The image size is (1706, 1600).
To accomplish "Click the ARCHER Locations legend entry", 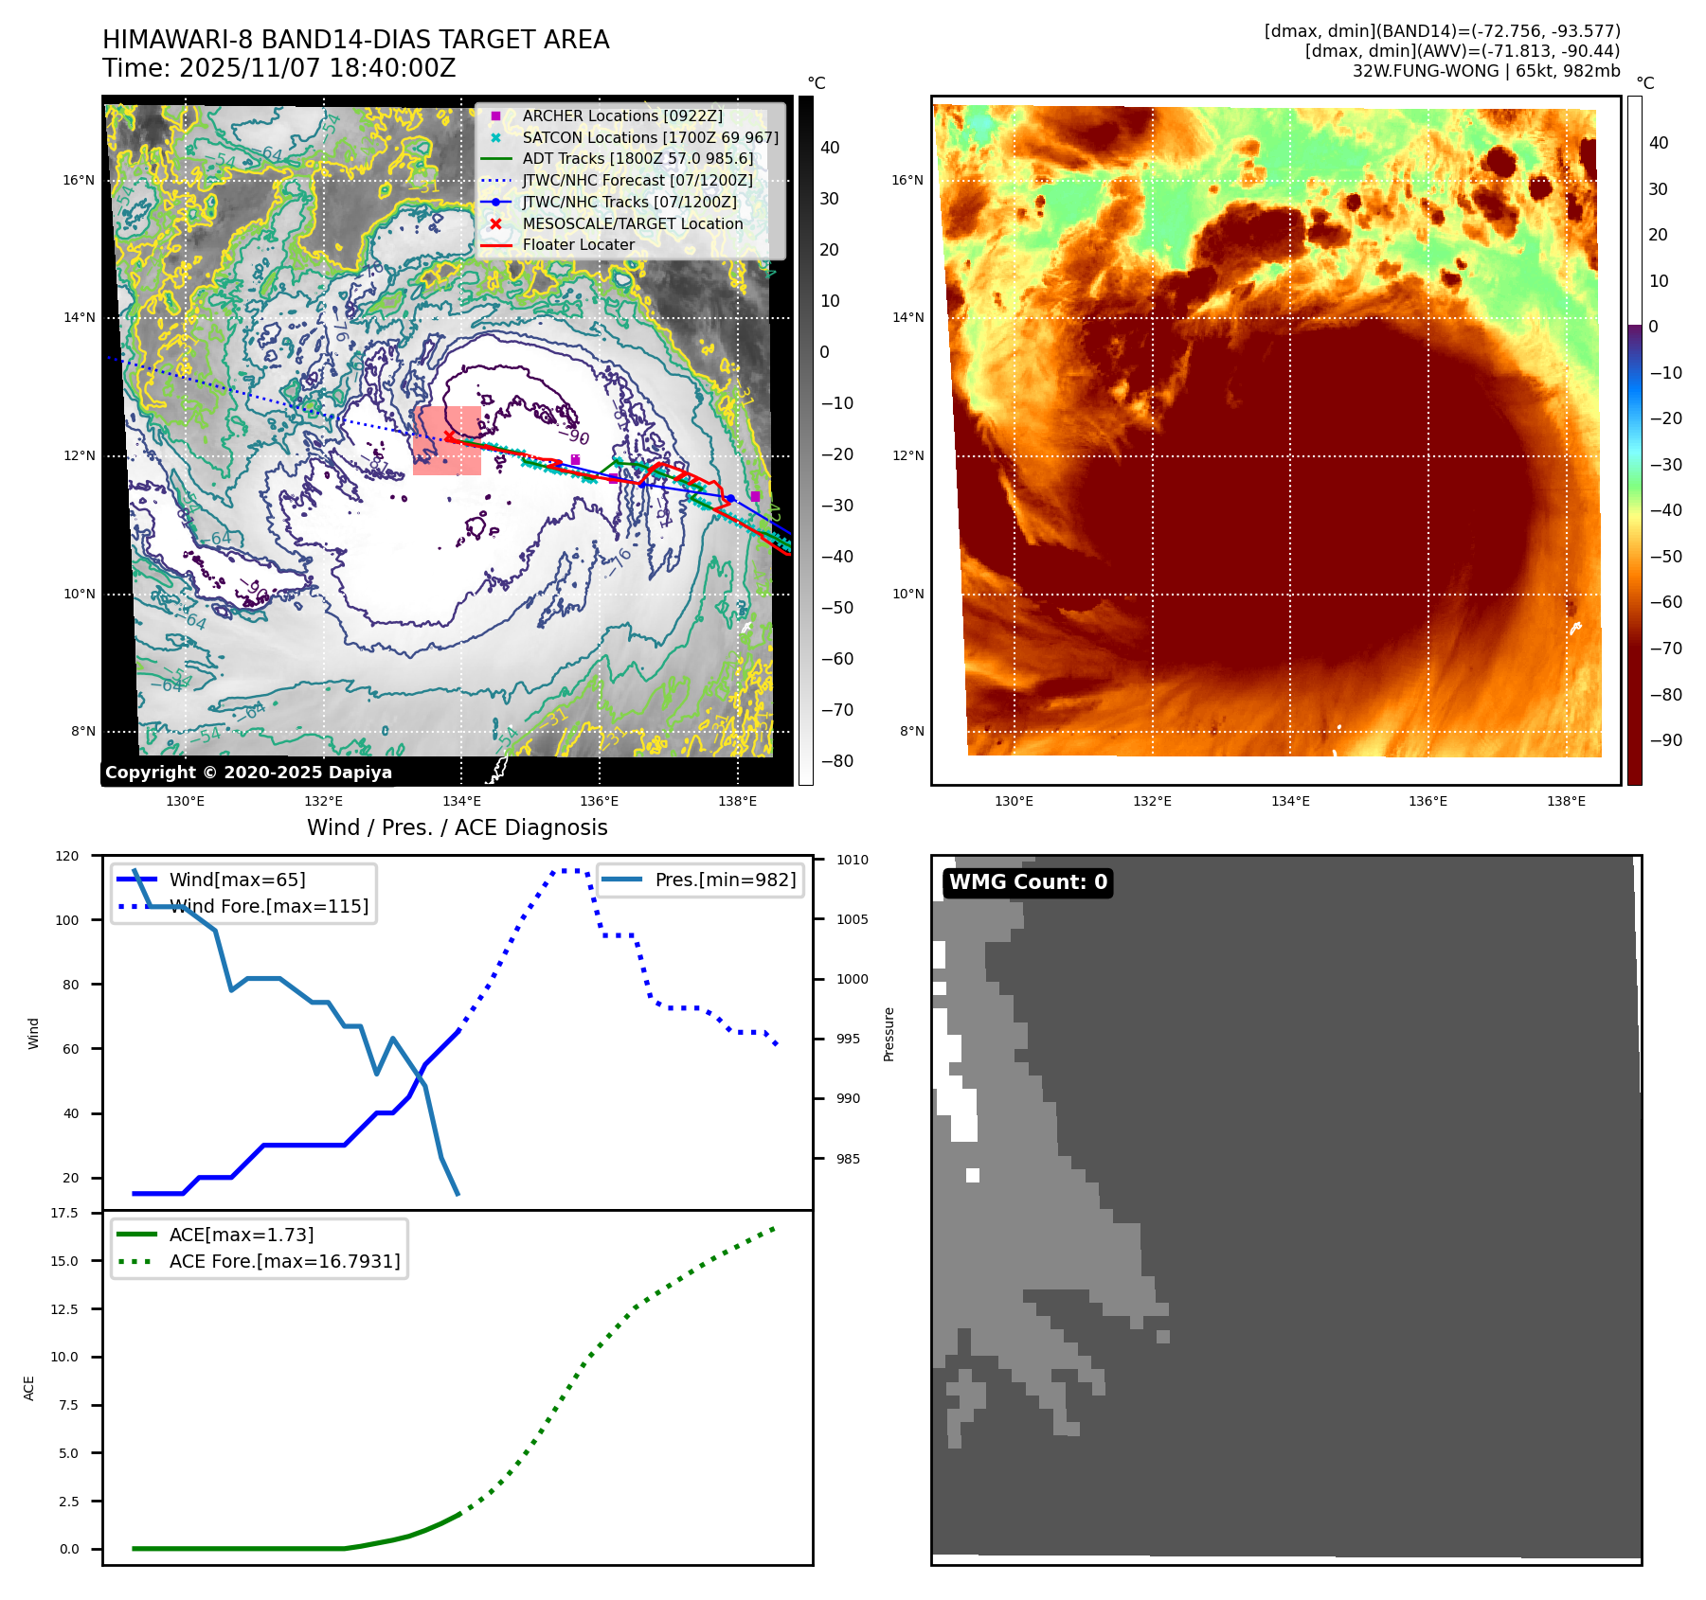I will pyautogui.click(x=621, y=116).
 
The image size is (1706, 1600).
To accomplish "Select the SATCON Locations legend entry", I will pyautogui.click(x=650, y=137).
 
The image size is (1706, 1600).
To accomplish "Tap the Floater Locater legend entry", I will pyautogui.click(x=578, y=244).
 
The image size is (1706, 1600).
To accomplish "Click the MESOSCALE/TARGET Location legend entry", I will pyautogui.click(x=632, y=223).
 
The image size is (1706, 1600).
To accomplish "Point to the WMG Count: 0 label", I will pyautogui.click(x=1028, y=882).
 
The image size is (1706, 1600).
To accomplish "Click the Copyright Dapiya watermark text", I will pyautogui.click(x=248, y=773).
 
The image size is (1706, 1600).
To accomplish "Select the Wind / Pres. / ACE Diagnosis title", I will pyautogui.click(x=457, y=827).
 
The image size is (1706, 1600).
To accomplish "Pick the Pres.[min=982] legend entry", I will pyautogui.click(x=725, y=880).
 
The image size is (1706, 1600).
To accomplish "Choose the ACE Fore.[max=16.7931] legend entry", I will pyautogui.click(x=284, y=1261).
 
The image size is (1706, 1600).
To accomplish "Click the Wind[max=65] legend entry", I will pyautogui.click(x=237, y=880).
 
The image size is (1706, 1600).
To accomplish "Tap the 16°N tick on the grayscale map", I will pyautogui.click(x=79, y=180).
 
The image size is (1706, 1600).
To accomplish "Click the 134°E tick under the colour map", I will pyautogui.click(x=1290, y=801).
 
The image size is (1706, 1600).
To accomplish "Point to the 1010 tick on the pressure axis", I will pyautogui.click(x=852, y=860).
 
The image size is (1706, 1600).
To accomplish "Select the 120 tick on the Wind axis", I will pyautogui.click(x=67, y=856).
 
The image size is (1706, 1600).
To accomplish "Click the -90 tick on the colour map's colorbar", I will pyautogui.click(x=1665, y=740).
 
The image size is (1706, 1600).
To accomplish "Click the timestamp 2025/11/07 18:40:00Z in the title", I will pyautogui.click(x=317, y=68).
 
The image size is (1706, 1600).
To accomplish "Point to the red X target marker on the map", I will pyautogui.click(x=448, y=436).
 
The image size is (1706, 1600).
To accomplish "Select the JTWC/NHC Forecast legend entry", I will pyautogui.click(x=638, y=180).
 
